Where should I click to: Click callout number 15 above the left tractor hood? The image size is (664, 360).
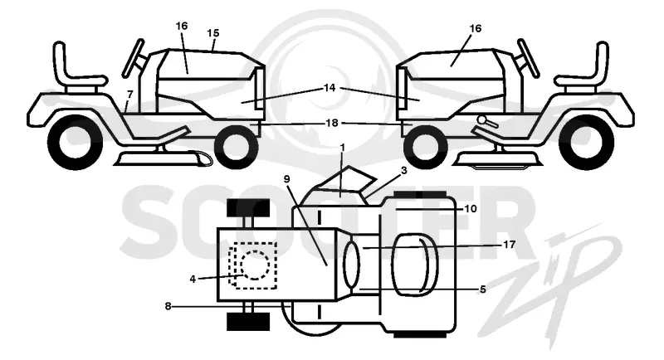(x=213, y=32)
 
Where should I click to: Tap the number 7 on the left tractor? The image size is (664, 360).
(x=129, y=94)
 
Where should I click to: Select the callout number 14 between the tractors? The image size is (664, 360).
(x=330, y=88)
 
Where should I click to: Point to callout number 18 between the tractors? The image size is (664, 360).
(x=332, y=123)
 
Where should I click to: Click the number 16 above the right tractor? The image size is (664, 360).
(x=476, y=28)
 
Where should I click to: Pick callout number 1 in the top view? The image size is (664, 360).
(x=343, y=148)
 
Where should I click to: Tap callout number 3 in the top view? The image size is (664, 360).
(x=404, y=170)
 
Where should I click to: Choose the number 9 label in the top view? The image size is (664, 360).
(x=286, y=179)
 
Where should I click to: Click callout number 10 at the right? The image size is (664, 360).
(x=471, y=208)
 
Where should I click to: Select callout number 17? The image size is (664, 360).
(x=509, y=244)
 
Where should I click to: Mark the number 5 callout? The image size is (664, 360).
(x=483, y=289)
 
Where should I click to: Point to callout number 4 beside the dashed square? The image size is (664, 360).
(x=193, y=280)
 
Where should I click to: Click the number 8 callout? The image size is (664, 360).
(x=168, y=306)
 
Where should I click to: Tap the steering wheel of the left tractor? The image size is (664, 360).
(x=133, y=58)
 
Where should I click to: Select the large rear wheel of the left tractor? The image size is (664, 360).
(x=76, y=141)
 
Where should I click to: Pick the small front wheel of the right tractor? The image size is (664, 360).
(x=425, y=147)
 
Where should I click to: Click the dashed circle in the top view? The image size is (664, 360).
(x=255, y=265)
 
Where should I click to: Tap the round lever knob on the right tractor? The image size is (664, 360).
(x=481, y=119)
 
